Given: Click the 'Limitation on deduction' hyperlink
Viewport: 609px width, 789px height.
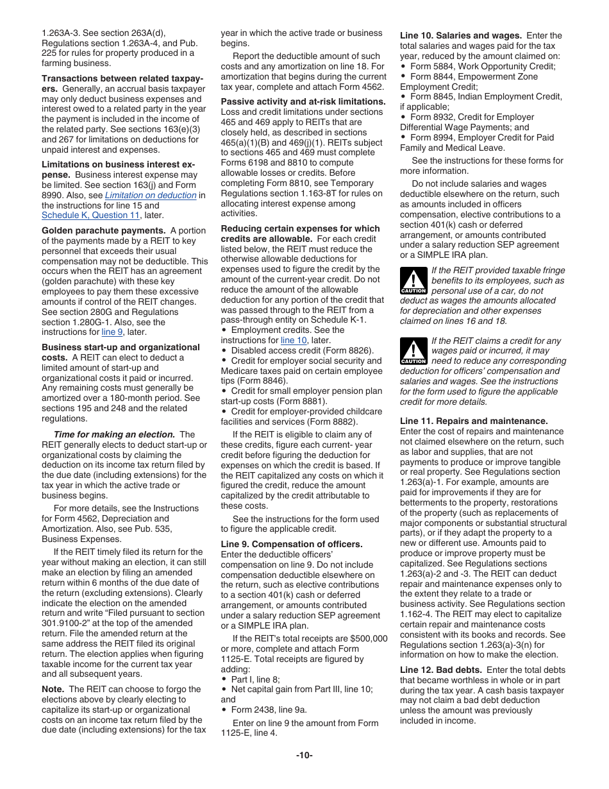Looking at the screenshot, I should coord(150,195).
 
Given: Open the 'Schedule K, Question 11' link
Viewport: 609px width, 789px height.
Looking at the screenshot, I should coord(90,216).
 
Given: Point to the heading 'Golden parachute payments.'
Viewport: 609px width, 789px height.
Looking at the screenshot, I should coord(94,230).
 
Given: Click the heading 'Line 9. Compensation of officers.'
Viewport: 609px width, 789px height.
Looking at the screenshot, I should coord(292,544).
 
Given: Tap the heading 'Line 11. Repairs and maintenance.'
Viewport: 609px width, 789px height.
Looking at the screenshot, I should coord(474,421).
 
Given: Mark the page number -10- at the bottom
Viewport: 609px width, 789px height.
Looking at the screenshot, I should coord(304,755).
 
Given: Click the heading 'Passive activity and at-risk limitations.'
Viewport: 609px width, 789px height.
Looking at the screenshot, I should coord(303,102).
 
